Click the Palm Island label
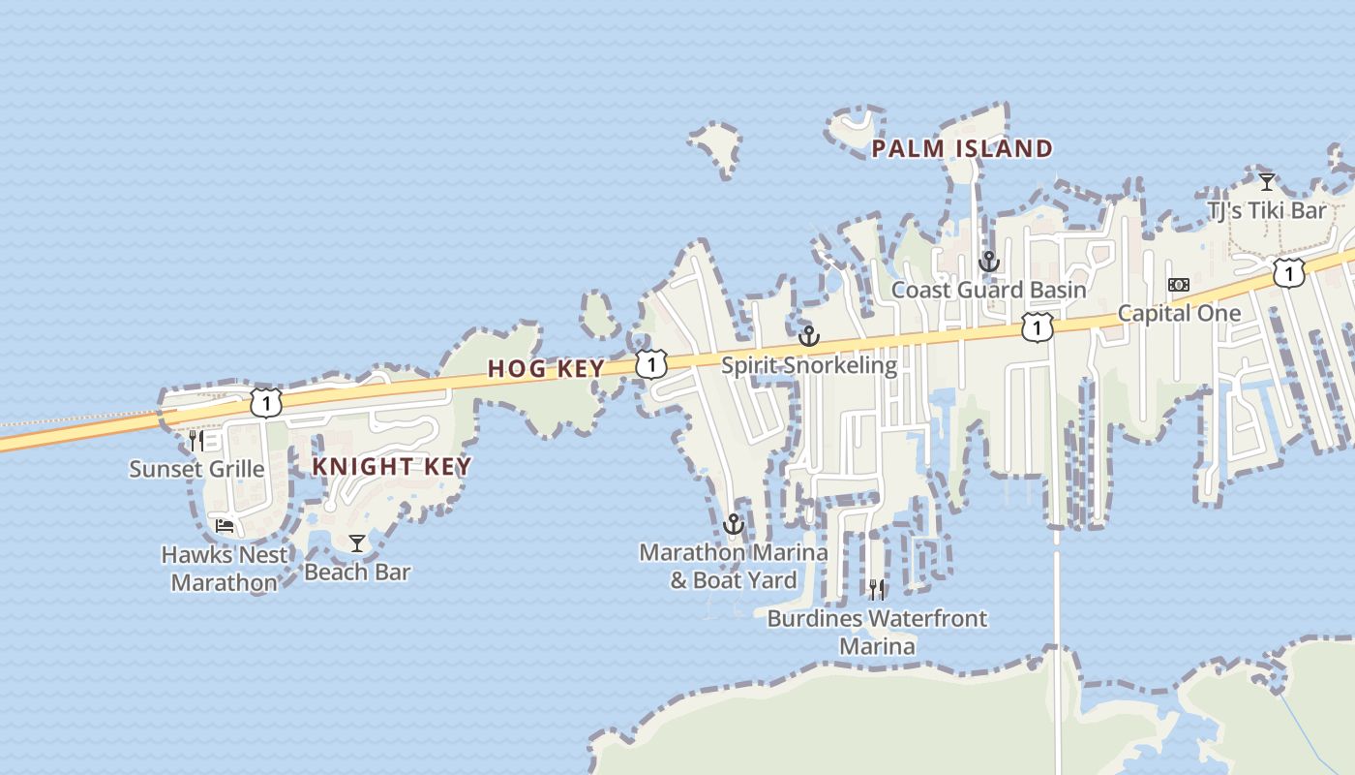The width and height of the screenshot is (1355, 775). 962,148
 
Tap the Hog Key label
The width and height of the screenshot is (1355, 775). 546,368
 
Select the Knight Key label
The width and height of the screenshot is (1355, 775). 391,466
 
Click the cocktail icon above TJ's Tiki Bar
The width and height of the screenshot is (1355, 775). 1266,181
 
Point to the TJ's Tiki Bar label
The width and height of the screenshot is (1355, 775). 1266,210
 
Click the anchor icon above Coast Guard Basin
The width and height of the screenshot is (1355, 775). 988,262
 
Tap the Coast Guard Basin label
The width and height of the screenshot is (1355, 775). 988,290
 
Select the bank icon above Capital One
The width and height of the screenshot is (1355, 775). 1178,285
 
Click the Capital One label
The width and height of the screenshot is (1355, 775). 1178,313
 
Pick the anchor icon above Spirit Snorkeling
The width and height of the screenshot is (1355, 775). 808,337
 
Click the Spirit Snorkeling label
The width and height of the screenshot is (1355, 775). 808,365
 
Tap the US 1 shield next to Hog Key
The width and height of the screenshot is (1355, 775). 651,364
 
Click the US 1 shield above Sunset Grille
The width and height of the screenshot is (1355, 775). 265,402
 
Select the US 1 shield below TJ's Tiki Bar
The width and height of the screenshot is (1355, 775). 1288,272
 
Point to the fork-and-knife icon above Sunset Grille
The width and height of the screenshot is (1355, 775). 196,441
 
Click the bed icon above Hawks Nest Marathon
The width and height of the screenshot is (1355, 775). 225,526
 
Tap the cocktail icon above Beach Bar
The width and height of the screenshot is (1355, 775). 357,543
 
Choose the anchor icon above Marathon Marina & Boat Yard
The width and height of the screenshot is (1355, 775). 733,524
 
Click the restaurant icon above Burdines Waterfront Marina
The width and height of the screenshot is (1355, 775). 877,589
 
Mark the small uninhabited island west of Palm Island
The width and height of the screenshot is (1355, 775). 715,148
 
